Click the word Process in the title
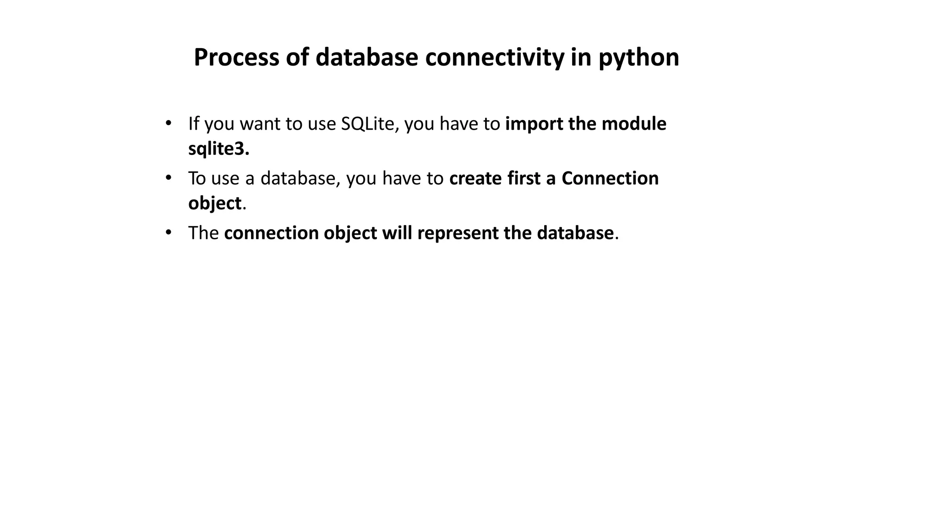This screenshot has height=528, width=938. [x=236, y=58]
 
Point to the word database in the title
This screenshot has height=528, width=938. [x=366, y=58]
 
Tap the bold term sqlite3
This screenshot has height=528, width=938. [x=218, y=149]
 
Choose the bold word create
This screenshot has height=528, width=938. [x=475, y=179]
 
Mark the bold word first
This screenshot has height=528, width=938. [x=524, y=179]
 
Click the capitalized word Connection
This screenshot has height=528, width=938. [x=610, y=179]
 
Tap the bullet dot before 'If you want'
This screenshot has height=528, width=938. [x=168, y=123]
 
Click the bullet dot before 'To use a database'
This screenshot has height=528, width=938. [x=168, y=177]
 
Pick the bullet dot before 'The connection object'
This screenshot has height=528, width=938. [x=168, y=232]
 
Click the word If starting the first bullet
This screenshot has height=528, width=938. [x=194, y=124]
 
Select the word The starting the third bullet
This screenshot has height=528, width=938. [x=203, y=233]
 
